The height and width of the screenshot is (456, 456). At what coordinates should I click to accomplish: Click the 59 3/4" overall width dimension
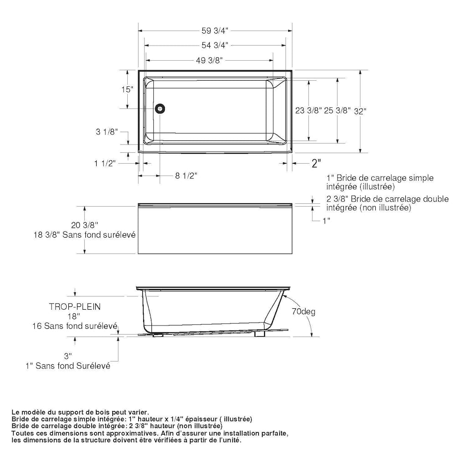(215, 31)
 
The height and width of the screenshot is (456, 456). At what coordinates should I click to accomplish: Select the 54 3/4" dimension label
(215, 45)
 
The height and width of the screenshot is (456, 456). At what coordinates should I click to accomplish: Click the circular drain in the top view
(160, 109)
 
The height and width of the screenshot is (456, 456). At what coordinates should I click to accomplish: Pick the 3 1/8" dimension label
(107, 132)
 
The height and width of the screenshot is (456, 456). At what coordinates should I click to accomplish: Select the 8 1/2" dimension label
(187, 176)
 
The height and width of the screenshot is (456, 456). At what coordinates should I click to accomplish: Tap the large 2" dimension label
(316, 163)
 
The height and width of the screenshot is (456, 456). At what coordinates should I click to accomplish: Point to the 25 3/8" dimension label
(337, 110)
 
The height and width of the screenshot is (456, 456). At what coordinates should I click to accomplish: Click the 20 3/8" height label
(85, 224)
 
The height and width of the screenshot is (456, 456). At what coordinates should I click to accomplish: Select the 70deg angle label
(304, 312)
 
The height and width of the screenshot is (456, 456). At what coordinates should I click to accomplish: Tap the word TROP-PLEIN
(75, 307)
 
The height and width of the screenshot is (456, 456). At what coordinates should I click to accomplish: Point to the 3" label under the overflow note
(68, 356)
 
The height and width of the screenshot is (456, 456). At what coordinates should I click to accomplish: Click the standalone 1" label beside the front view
(326, 221)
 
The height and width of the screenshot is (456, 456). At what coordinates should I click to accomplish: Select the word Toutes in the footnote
(22, 433)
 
